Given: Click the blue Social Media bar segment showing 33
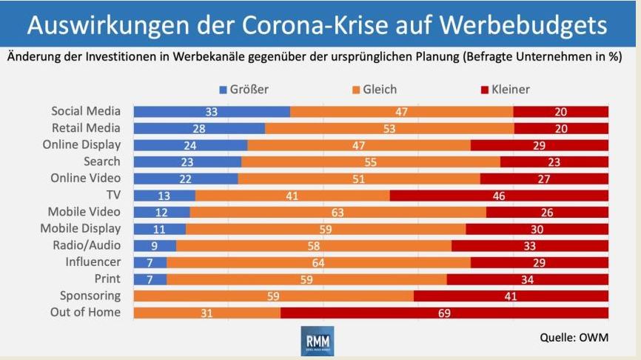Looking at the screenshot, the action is click(x=212, y=112).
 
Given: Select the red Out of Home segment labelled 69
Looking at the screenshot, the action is click(x=444, y=313).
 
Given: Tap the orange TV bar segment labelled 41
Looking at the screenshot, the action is click(x=292, y=196).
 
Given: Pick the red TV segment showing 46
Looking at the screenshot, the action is click(x=499, y=196).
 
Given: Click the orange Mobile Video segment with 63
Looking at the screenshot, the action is click(x=338, y=213).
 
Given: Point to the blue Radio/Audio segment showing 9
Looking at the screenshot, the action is click(x=155, y=246).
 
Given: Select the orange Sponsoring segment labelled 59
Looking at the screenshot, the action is click(x=273, y=296).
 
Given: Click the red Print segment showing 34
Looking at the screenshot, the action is click(x=527, y=279).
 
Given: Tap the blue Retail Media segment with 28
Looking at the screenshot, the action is click(x=199, y=128).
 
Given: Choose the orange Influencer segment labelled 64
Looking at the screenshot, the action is click(x=318, y=263).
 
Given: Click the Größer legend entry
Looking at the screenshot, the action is click(x=244, y=90).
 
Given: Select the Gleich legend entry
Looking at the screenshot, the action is click(x=375, y=90).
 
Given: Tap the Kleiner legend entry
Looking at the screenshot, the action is click(x=506, y=90).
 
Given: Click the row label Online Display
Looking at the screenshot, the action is click(x=81, y=145).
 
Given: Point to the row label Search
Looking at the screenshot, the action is click(x=102, y=161).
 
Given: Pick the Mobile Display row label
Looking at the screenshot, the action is click(x=81, y=229).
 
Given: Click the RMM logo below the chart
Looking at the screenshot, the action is click(x=318, y=341).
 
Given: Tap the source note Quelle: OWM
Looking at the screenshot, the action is click(x=574, y=338).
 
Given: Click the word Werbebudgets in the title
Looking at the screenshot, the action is click(x=523, y=25).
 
